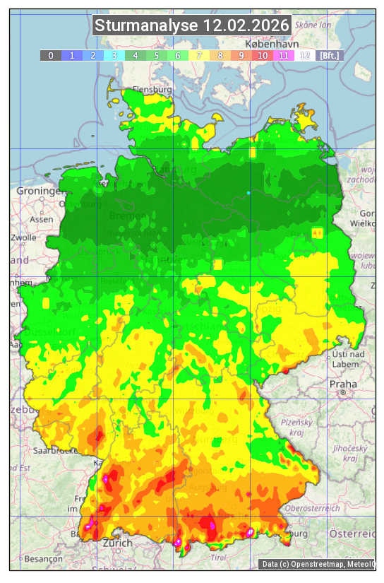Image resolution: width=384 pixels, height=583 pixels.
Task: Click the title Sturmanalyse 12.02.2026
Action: point(192,25)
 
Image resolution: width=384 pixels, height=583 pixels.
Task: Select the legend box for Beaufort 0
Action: point(51,55)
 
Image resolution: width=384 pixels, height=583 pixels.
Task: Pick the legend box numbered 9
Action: point(241,55)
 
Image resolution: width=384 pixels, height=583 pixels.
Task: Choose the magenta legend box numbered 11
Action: point(284,55)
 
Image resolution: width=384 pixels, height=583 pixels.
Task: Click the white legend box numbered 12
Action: point(305,55)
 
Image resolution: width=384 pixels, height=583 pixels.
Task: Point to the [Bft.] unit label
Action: point(330,55)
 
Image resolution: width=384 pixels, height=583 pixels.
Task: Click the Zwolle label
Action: point(23,237)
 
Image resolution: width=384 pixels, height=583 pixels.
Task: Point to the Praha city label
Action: point(343,384)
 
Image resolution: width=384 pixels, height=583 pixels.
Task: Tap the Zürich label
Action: point(117,543)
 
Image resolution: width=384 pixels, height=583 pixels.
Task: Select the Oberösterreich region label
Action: point(313,507)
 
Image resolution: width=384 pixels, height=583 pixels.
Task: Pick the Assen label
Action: point(42,219)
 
